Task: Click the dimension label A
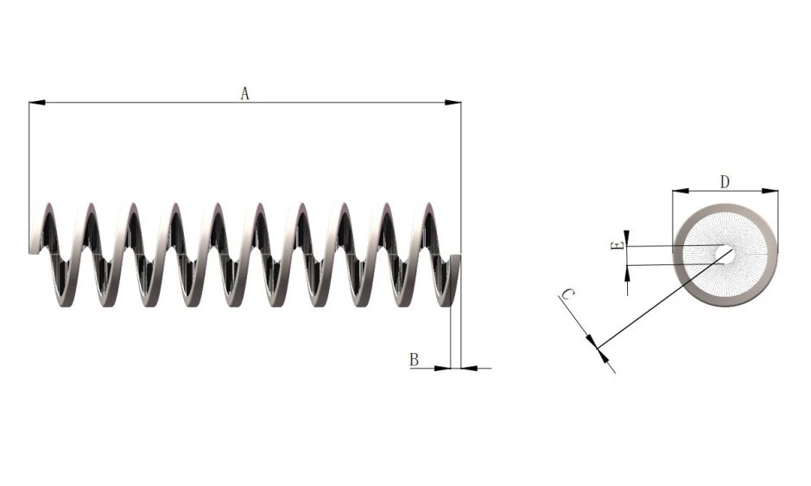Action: point(244,93)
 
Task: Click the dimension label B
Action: point(414,359)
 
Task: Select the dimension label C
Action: point(567,295)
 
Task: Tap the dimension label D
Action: point(725,181)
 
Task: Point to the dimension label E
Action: point(617,247)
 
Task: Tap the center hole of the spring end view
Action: point(725,254)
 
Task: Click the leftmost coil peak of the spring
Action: point(48,207)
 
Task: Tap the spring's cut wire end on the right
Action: point(456,258)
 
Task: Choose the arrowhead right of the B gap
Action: point(470,369)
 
